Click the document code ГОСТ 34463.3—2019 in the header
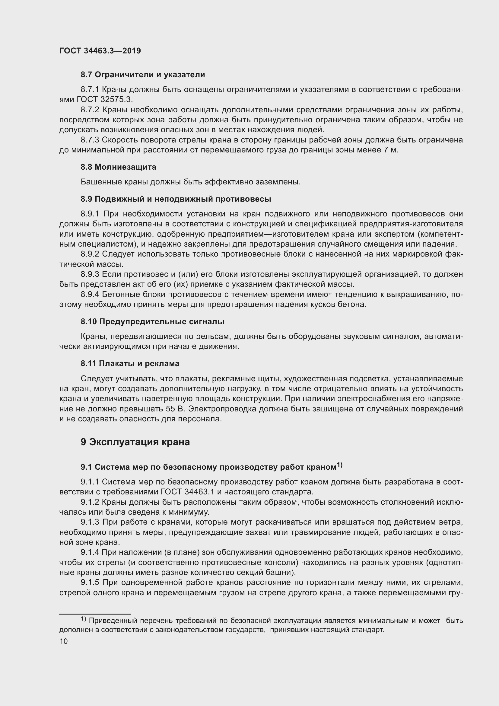pos(100,51)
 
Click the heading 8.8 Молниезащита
pos(118,167)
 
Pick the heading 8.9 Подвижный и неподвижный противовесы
pos(176,199)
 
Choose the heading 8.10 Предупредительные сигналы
pos(152,322)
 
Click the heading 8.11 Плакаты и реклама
pos(130,363)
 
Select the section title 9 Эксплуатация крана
pos(135,442)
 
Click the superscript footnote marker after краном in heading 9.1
pos(339,465)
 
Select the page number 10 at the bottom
pos(64,641)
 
